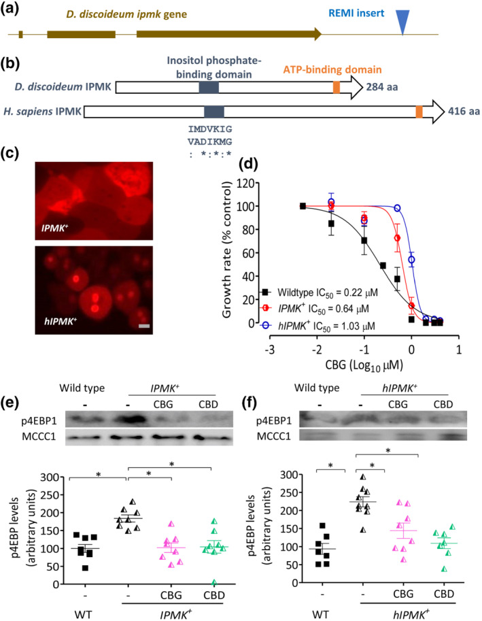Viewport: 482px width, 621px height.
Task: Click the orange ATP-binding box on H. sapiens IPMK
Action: click(x=419, y=112)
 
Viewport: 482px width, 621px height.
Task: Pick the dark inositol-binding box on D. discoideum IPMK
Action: click(x=209, y=87)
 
